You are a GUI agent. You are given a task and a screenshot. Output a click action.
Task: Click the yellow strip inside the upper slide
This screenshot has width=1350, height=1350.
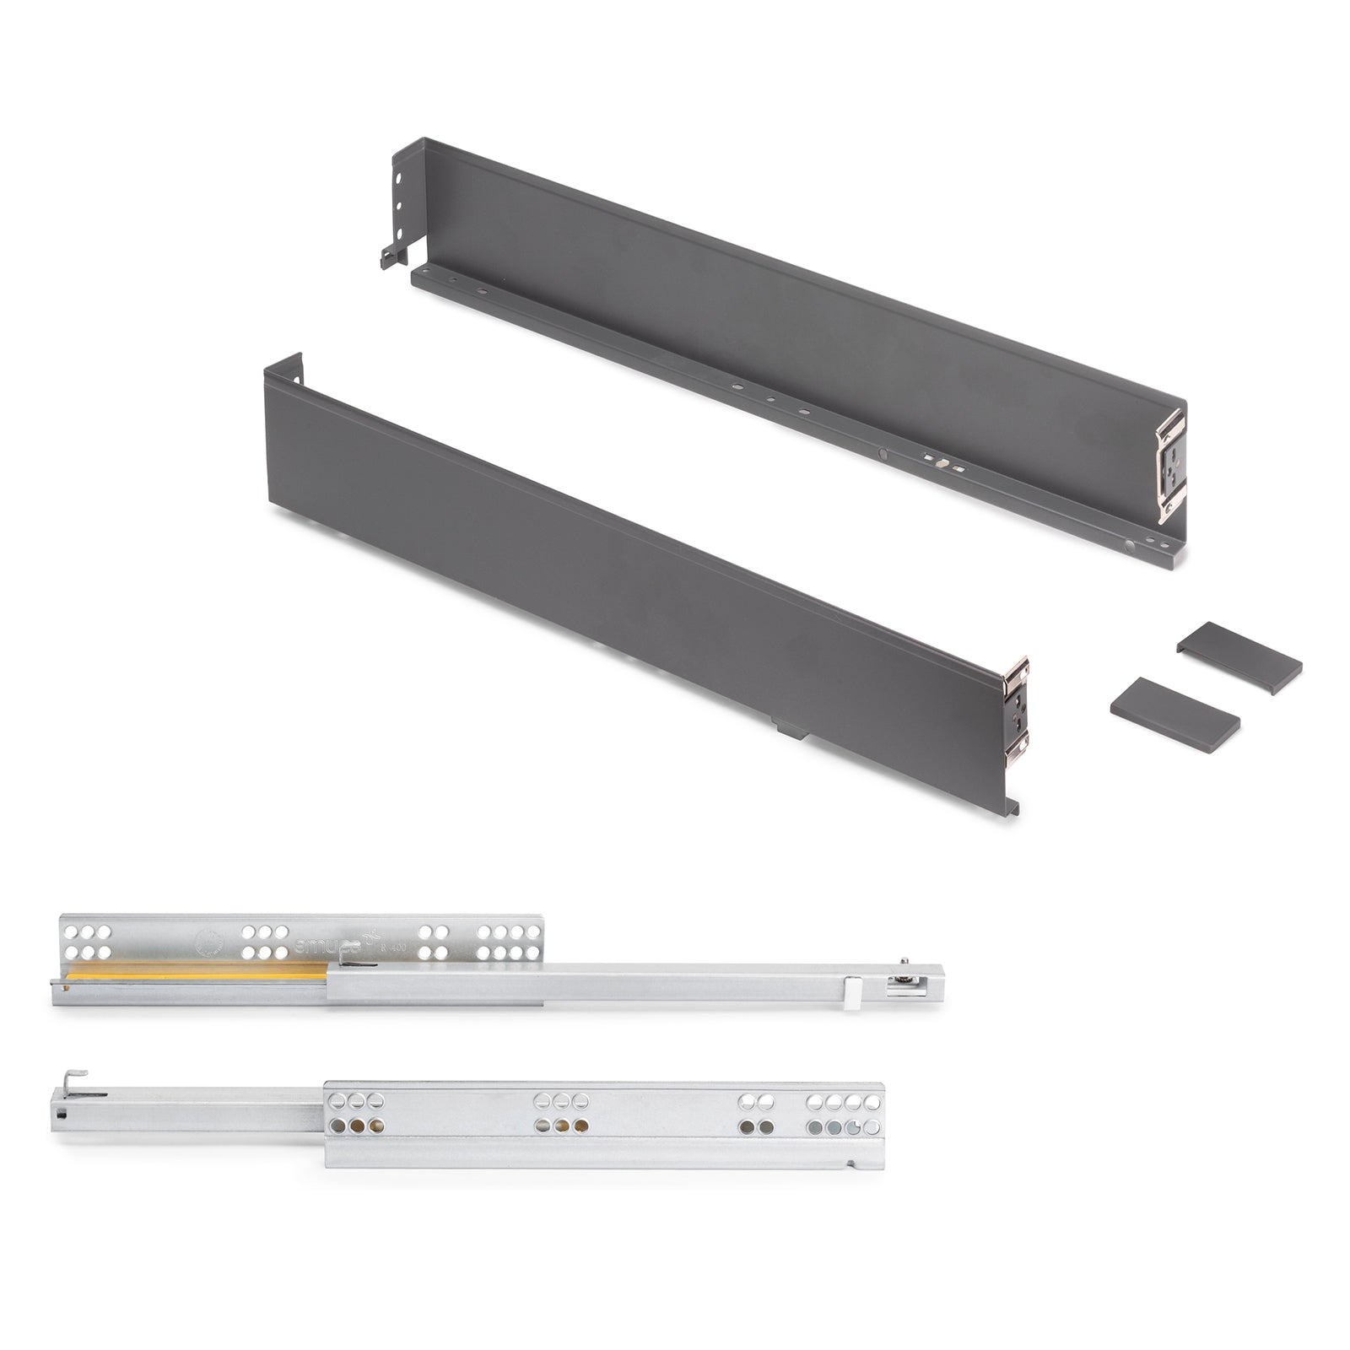pyautogui.click(x=194, y=973)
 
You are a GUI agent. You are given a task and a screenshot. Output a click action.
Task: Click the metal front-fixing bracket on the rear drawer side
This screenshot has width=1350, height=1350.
pyautogui.click(x=1171, y=464)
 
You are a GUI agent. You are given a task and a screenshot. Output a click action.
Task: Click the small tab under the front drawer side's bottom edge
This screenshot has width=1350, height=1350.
pyautogui.click(x=790, y=728)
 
